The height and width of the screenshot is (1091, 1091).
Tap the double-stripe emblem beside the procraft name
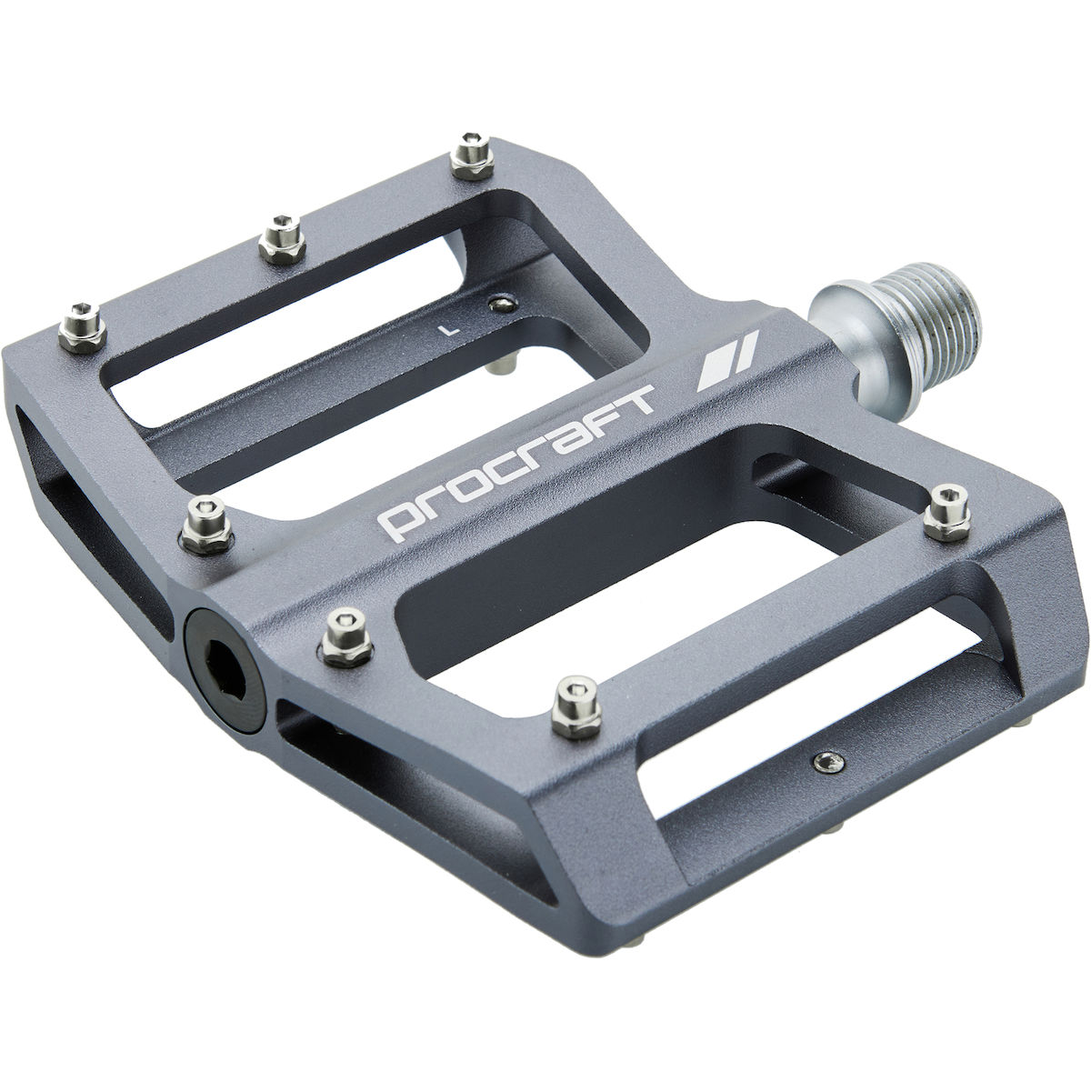click(728, 361)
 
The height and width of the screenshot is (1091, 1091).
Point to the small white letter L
click(449, 329)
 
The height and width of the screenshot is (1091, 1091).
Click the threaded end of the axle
click(928, 317)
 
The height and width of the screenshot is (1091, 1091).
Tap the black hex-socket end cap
click(226, 671)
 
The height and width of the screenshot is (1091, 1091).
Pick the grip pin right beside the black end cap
click(347, 636)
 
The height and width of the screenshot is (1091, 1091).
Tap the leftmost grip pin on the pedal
click(83, 327)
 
